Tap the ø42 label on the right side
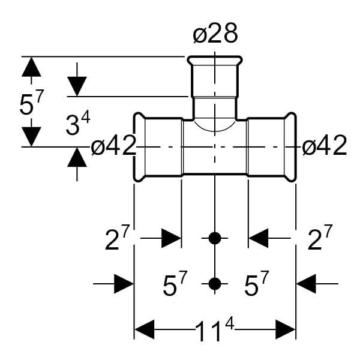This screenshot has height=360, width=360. (x=324, y=146)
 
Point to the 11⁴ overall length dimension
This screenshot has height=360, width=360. (x=215, y=330)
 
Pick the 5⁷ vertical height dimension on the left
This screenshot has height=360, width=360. (x=31, y=103)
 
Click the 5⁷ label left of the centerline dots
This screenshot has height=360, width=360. (x=175, y=283)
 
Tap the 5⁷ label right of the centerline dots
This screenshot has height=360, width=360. (x=256, y=283)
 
